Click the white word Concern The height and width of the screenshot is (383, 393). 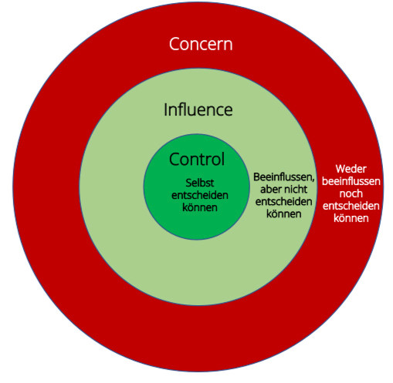[201, 44]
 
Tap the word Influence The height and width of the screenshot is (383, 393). [198, 109]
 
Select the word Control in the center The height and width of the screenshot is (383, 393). [197, 159]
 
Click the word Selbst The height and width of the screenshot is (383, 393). [200, 183]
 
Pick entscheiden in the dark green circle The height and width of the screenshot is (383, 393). [200, 195]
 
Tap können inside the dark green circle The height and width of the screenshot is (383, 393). [200, 207]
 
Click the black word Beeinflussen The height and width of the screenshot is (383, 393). [283, 177]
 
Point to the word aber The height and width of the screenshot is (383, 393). [270, 190]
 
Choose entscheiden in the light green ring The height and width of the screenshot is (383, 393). [283, 202]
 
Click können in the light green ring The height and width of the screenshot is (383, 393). [283, 213]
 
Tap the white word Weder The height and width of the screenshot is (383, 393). [351, 169]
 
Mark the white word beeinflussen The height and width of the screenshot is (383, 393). [351, 181]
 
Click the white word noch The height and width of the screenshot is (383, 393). [351, 193]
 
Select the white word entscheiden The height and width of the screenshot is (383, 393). [351, 206]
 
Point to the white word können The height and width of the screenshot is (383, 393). [351, 218]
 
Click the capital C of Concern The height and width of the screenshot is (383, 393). [174, 44]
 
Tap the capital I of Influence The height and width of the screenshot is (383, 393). [166, 109]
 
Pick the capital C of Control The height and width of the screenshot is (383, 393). [174, 159]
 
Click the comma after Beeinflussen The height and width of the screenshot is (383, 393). [313, 180]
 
